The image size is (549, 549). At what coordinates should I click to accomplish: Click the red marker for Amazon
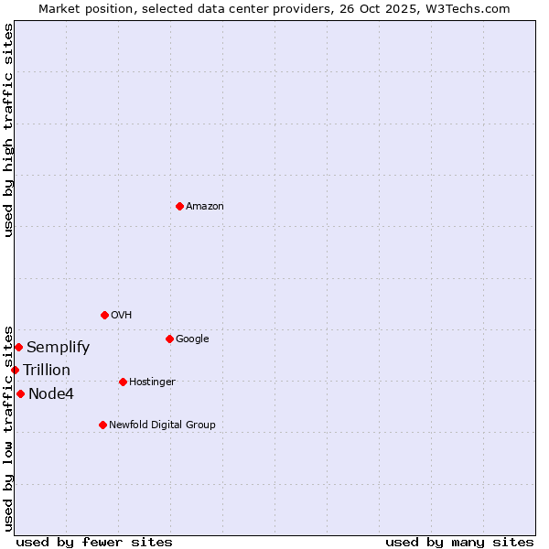(179, 206)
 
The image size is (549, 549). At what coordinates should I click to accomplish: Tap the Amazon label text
(205, 207)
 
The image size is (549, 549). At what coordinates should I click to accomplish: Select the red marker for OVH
(104, 315)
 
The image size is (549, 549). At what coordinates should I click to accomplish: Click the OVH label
(122, 316)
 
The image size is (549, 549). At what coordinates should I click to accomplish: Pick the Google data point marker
(169, 339)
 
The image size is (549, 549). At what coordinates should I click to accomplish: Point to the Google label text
(192, 339)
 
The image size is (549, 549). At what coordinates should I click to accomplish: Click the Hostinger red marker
(123, 382)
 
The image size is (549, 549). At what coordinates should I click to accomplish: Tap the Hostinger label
(152, 382)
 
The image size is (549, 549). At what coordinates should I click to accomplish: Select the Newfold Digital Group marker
(102, 425)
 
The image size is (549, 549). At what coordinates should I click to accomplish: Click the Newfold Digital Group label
(162, 425)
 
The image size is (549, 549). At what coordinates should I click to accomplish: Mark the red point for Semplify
(18, 347)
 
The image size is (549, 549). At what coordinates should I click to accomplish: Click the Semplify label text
(58, 348)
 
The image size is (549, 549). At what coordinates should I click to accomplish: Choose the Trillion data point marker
(15, 370)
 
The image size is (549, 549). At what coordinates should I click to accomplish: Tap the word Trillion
(47, 371)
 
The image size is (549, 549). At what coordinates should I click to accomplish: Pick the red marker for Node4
(20, 393)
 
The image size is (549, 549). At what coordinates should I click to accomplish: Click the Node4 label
(51, 394)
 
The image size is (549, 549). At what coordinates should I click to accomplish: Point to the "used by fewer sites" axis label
(94, 542)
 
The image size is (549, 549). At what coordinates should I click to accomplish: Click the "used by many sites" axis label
(459, 542)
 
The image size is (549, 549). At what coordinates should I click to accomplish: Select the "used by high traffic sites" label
(8, 130)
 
